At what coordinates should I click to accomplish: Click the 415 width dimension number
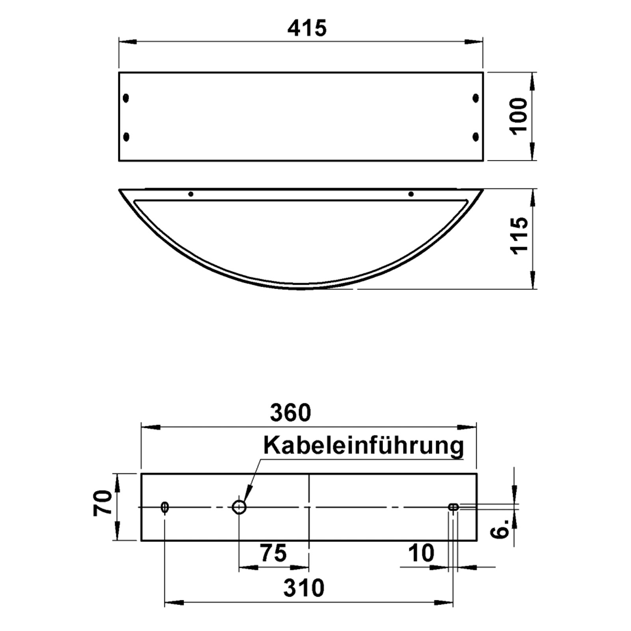coord(307,28)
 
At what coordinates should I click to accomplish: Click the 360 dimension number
coord(290,413)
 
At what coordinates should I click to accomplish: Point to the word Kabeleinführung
coord(363,446)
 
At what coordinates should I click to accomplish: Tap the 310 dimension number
coord(304,588)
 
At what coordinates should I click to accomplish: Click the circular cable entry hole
coord(239,507)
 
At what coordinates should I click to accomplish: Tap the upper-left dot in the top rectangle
coord(126,98)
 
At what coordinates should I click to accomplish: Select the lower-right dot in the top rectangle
coord(476,137)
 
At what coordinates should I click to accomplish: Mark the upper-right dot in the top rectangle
coord(476,98)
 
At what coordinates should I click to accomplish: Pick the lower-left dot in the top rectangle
coord(126,137)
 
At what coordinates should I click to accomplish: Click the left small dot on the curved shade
coord(191,194)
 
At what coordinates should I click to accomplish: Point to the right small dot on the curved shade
coord(411,194)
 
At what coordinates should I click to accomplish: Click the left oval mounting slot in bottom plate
coord(165,507)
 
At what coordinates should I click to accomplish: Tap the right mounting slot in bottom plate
coord(454,507)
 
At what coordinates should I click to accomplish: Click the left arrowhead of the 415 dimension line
coord(127,41)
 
